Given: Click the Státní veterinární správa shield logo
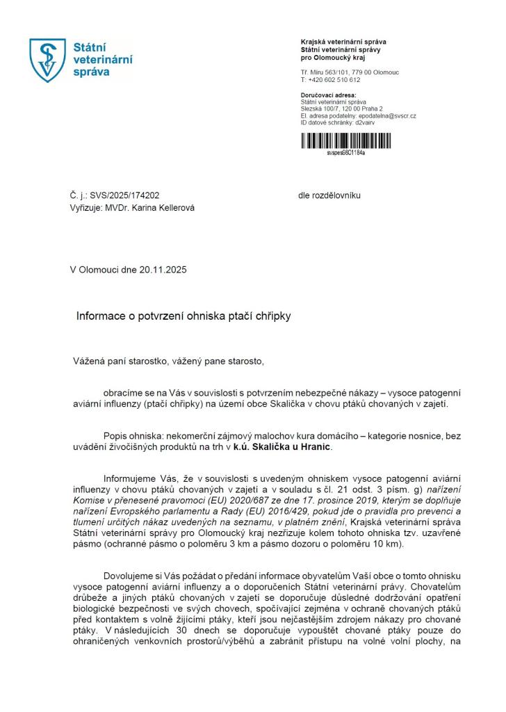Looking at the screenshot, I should tap(47, 60).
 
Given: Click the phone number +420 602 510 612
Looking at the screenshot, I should tap(334, 80).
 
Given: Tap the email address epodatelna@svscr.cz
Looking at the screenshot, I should tap(387, 115).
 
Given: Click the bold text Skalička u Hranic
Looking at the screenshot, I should tap(293, 446).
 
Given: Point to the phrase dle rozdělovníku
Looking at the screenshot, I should tap(329, 196).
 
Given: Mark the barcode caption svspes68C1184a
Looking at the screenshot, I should tap(345, 153).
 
